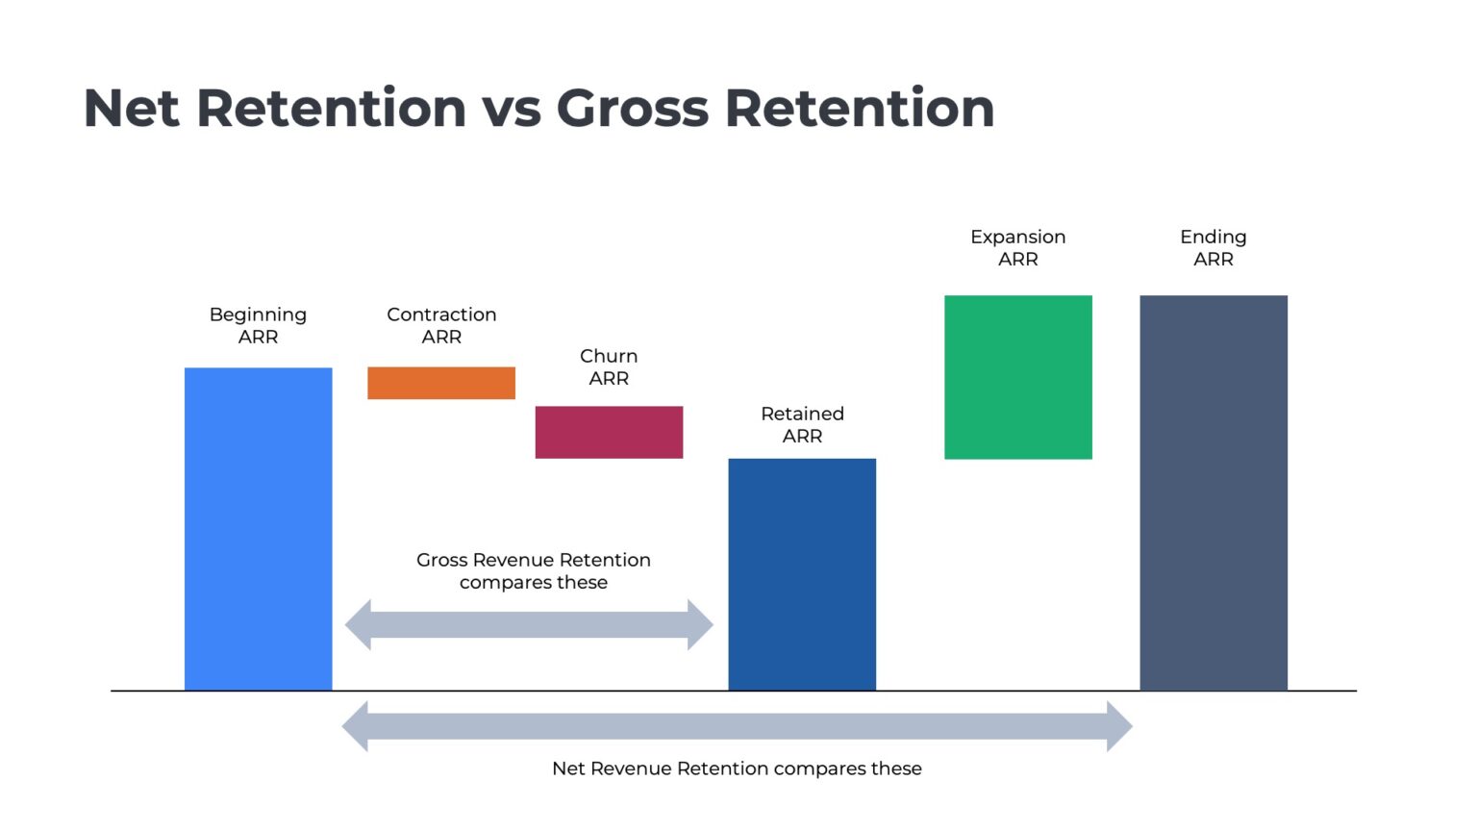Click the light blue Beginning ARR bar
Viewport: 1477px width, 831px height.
click(x=258, y=528)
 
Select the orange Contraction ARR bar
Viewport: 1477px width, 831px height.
click(x=441, y=383)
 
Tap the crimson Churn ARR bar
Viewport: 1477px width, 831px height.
click(x=609, y=432)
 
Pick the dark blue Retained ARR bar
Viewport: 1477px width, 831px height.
click(x=802, y=573)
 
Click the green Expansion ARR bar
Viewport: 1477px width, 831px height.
click(x=1017, y=377)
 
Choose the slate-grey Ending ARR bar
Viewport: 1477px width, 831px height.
click(x=1213, y=492)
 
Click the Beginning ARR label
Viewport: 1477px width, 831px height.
click(x=258, y=325)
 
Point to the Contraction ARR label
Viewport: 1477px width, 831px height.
click(x=441, y=325)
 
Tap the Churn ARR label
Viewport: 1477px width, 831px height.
click(x=609, y=366)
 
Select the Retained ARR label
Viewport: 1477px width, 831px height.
click(x=802, y=424)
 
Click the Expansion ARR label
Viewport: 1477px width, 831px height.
click(x=1017, y=247)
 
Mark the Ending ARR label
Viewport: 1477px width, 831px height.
click(x=1213, y=247)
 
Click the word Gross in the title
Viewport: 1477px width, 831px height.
click(x=632, y=108)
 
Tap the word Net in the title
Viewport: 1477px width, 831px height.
click(x=131, y=108)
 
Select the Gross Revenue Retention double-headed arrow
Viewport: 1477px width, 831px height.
click(x=529, y=625)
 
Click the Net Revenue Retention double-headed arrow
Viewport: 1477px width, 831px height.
click(x=737, y=726)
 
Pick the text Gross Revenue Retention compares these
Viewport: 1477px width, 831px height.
click(x=534, y=570)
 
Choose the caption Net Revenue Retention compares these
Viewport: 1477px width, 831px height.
click(x=737, y=768)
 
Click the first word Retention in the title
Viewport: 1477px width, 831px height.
click(x=332, y=108)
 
